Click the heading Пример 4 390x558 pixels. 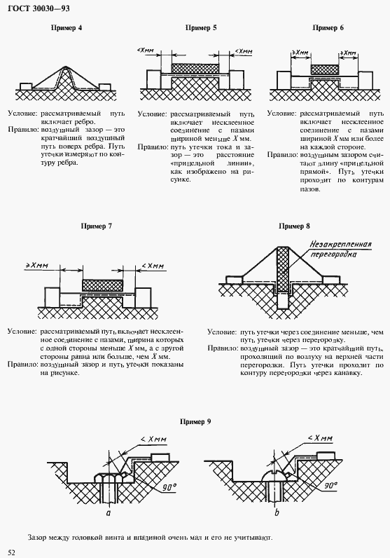[67, 28]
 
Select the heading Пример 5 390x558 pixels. [201, 28]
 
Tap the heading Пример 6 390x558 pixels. [328, 28]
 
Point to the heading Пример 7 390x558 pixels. [97, 226]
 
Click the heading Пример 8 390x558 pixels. [294, 226]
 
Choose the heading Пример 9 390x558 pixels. [195, 422]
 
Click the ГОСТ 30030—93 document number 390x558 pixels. [39, 8]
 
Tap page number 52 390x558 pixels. [12, 552]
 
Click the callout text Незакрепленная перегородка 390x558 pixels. [340, 249]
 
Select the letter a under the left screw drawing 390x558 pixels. [109, 513]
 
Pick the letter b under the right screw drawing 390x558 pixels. [277, 512]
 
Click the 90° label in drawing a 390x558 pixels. [169, 487]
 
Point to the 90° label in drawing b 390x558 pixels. [331, 485]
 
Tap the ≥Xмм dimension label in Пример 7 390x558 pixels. [37, 266]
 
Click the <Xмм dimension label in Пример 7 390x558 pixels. [153, 266]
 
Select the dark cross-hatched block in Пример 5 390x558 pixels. [195, 68]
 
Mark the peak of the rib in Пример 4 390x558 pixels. [66, 67]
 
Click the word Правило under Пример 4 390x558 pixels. [23, 130]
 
